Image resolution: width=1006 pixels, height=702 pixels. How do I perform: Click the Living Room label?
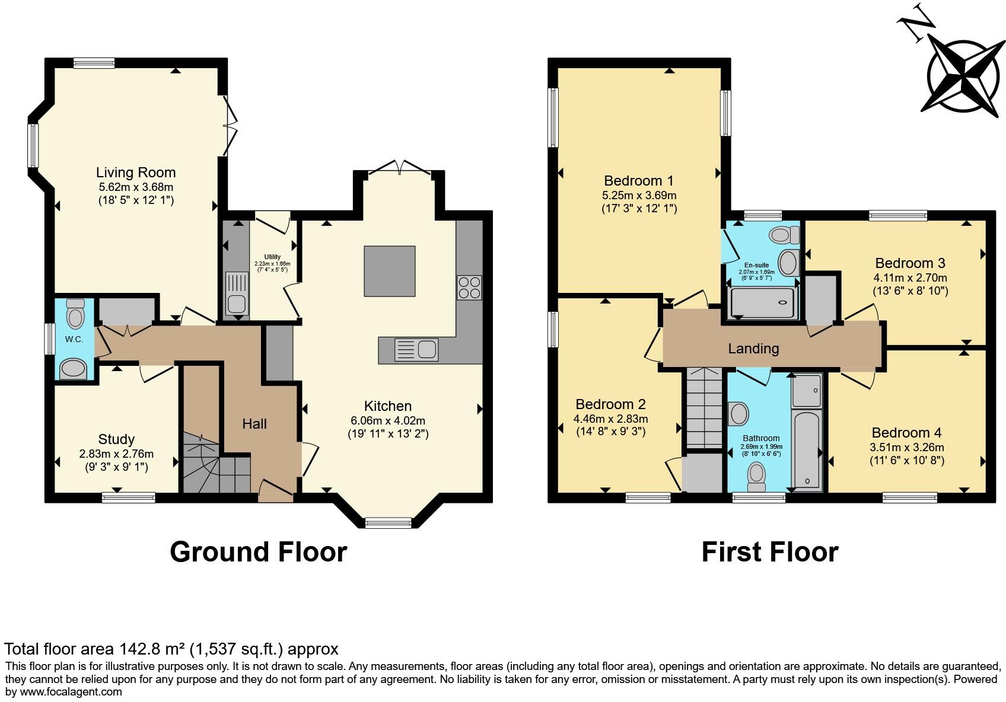point(136,173)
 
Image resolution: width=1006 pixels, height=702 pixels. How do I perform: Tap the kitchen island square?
point(389,271)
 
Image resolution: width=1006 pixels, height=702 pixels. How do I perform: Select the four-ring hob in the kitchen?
point(469,288)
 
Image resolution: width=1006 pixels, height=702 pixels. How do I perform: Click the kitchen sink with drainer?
point(416,349)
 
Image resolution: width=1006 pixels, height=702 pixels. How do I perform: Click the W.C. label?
point(74,339)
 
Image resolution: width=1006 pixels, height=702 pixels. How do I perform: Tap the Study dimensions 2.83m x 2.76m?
point(116,454)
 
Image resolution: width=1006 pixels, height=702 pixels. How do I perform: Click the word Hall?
point(254,423)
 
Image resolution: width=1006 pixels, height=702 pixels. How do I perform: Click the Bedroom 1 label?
point(639,180)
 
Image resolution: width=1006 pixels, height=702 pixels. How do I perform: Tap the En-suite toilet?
point(784,235)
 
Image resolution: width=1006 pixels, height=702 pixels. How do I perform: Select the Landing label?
point(753,349)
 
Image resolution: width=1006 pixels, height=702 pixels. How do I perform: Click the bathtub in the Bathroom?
point(807,449)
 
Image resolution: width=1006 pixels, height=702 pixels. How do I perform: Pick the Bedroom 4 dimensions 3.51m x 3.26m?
point(907,448)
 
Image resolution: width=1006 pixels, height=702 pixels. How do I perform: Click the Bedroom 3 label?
point(910,263)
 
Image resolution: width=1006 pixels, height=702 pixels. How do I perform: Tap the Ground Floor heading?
point(258,552)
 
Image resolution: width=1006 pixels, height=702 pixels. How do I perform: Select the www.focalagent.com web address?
point(71,691)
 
